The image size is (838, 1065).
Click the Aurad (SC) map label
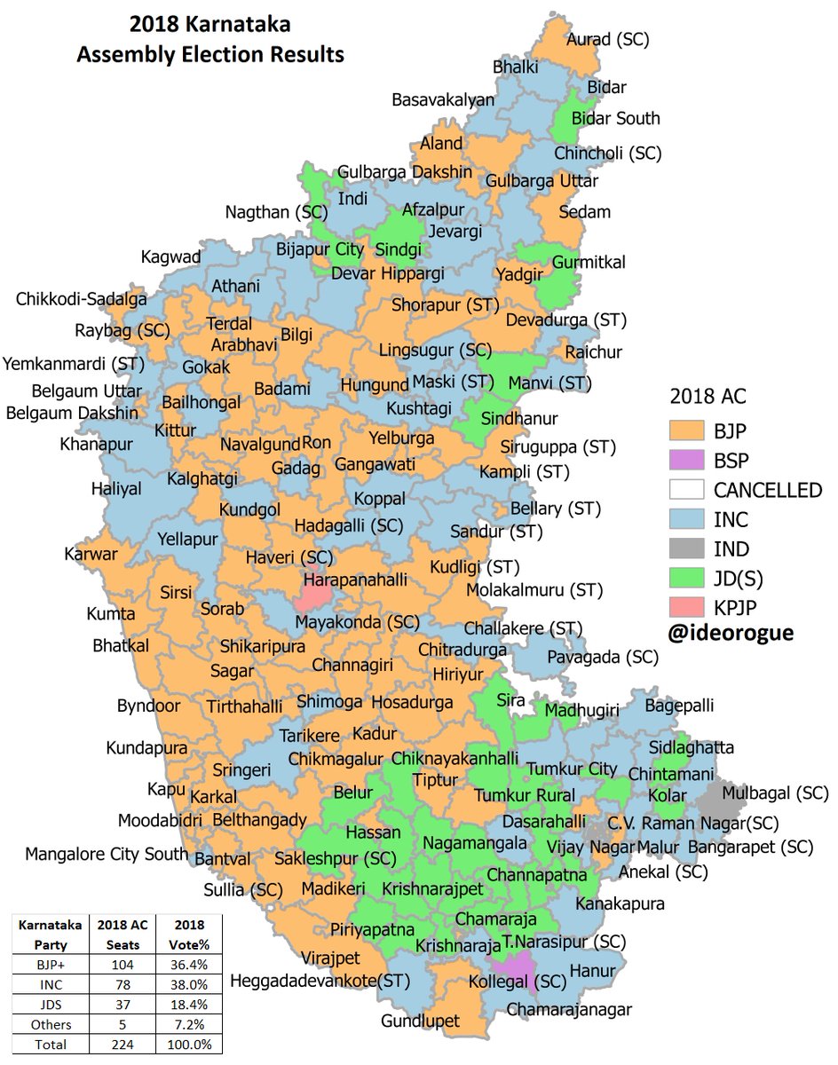608,39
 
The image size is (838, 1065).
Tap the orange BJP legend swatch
686,431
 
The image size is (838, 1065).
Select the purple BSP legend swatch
686,461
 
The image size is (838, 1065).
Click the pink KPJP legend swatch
686,608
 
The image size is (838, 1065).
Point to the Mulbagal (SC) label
775,792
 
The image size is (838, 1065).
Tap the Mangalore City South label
107,855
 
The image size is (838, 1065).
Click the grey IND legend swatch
686,549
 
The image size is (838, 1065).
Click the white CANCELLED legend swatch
686,490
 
